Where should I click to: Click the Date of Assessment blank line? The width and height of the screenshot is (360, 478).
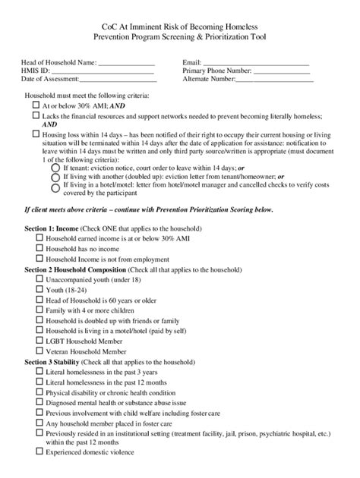click(118, 80)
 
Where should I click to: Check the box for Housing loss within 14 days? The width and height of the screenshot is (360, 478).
click(36, 133)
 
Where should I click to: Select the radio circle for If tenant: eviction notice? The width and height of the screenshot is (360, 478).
click(54, 168)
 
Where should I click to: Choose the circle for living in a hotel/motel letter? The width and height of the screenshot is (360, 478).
click(54, 187)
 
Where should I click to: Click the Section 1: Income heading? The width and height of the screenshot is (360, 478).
click(52, 228)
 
